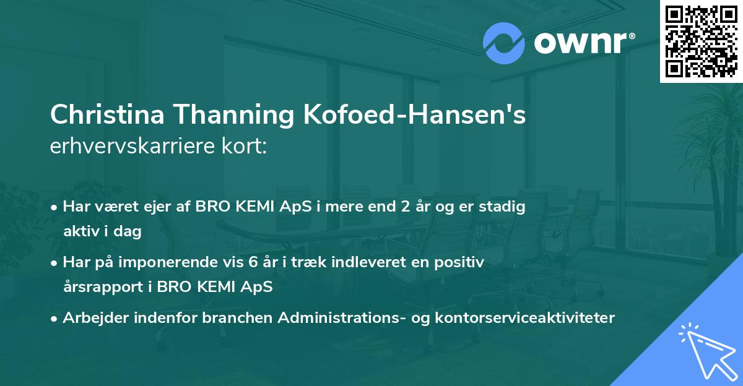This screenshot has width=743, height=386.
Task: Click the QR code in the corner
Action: [700, 41]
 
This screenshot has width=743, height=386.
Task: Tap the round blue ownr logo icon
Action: [503, 44]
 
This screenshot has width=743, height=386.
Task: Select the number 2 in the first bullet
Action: [406, 207]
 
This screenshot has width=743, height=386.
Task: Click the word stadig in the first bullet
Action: [505, 207]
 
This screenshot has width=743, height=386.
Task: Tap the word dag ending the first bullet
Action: [129, 232]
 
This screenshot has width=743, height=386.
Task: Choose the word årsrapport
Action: [101, 288]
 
